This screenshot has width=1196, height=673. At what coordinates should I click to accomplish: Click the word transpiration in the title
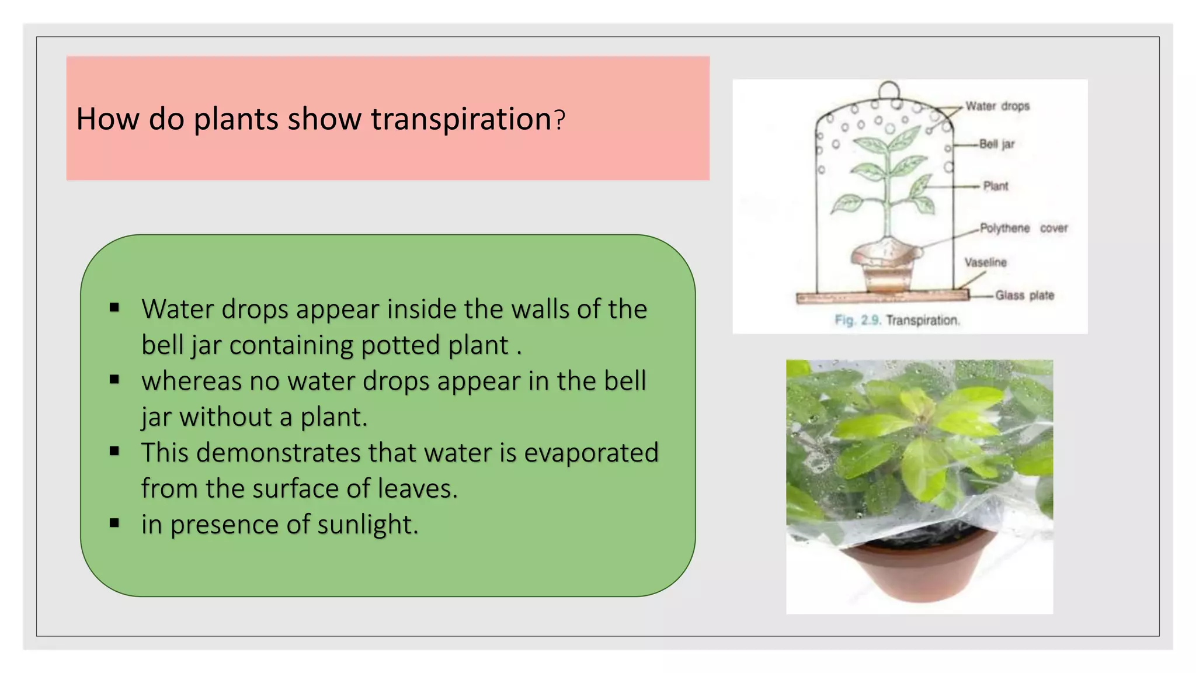461,119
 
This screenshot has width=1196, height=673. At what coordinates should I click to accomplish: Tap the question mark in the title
559,120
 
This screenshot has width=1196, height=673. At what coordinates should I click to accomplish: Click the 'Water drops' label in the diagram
997,106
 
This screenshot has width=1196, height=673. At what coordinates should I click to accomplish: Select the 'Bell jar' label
997,144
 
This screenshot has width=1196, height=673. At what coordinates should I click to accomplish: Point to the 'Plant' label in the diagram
995,186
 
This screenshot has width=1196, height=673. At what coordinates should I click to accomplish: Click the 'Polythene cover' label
1023,228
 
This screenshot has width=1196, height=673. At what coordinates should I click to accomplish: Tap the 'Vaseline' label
985,262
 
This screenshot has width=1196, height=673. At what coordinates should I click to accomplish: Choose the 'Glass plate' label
1024,296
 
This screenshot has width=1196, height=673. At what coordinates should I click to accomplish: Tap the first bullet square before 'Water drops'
114,308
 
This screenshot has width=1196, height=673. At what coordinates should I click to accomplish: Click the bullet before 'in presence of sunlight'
114,523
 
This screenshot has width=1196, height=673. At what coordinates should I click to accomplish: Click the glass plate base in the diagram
882,297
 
